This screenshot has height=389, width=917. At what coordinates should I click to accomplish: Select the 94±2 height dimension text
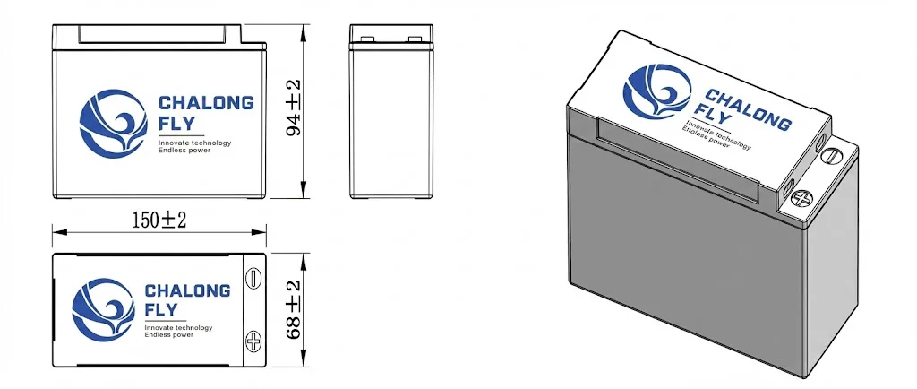coord(293,108)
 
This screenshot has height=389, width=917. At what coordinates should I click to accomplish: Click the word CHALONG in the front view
coord(205,103)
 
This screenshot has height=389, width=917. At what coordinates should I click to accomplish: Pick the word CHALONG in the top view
coord(187,291)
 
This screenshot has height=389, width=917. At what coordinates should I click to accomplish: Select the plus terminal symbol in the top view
coord(253,341)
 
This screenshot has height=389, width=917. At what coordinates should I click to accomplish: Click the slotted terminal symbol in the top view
coord(253,278)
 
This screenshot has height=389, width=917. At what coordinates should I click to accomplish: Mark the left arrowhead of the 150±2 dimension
coord(57,233)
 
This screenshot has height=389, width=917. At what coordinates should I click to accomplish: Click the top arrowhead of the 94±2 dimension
coord(304,29)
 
